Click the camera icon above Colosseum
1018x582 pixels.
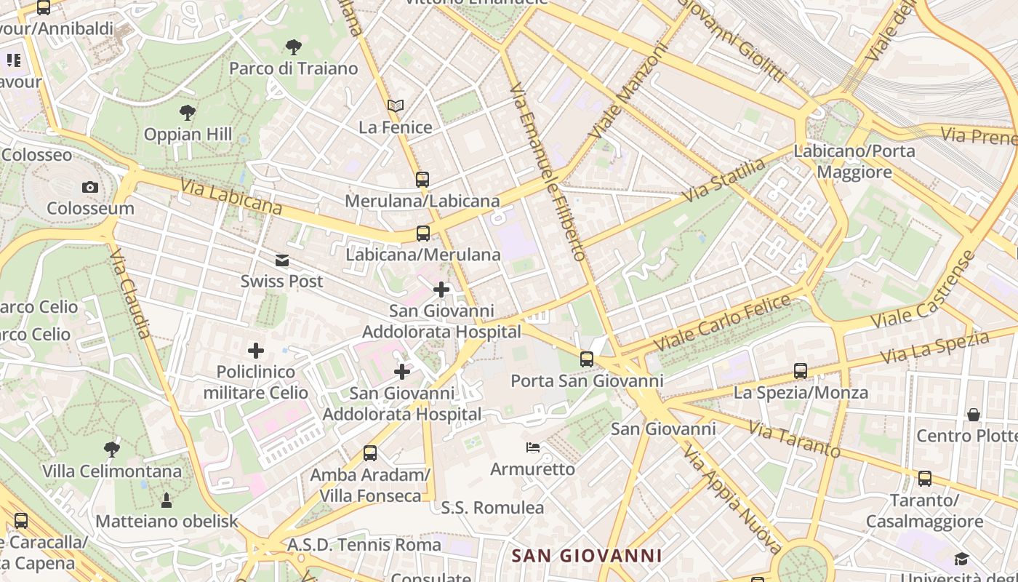[x=90, y=187]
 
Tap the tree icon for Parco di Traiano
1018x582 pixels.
[x=294, y=48]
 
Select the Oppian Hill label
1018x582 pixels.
[x=188, y=135]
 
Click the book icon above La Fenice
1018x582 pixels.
[x=396, y=106]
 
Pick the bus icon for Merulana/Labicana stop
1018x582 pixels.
[x=422, y=179]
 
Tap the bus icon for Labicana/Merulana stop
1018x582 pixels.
[x=422, y=234]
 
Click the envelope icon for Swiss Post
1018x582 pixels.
[x=281, y=260]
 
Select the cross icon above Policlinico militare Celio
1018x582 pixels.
[x=256, y=351]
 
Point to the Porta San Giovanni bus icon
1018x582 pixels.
[x=587, y=359]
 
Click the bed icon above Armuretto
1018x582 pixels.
[x=533, y=447]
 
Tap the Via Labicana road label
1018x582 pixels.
[x=231, y=197]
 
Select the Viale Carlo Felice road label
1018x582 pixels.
[x=721, y=322]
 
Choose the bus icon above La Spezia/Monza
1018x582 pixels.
[x=801, y=371]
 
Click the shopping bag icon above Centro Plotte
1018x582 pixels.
[x=974, y=415]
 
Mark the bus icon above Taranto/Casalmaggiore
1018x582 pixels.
[x=924, y=479]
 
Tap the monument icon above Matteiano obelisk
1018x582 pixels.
[x=167, y=500]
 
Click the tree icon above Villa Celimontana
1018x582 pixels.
[x=111, y=449]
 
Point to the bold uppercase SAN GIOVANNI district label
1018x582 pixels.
[x=587, y=557]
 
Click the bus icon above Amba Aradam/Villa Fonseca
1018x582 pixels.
[x=370, y=453]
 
